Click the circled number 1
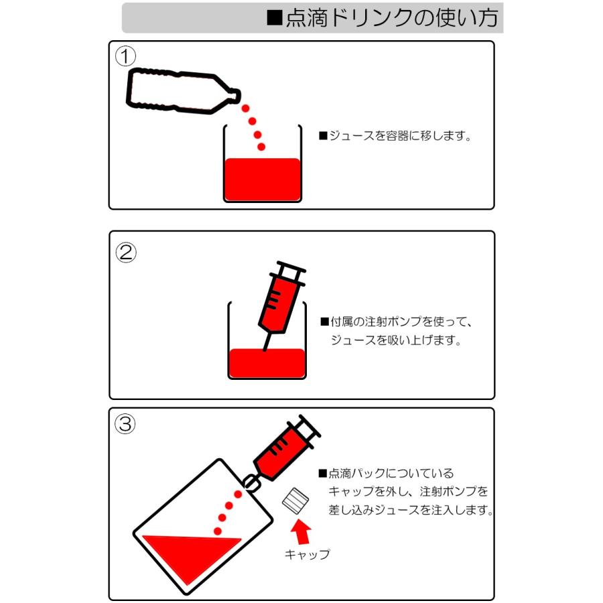pos(125,56)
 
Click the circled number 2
pos(126,253)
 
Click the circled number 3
pos(125,424)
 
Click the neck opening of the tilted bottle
pos(236,95)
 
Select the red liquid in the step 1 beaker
pos(262,179)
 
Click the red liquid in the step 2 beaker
pos(267,363)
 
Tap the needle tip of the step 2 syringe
pos(265,350)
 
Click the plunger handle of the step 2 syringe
pos(291,267)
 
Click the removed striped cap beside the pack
pos(295,500)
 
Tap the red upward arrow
pos(300,531)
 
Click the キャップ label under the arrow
pos(307,554)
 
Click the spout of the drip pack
pos(251,483)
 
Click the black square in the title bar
pos(275,17)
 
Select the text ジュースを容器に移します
pos(400,136)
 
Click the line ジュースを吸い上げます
pos(395,340)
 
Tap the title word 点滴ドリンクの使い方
pos(392,17)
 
